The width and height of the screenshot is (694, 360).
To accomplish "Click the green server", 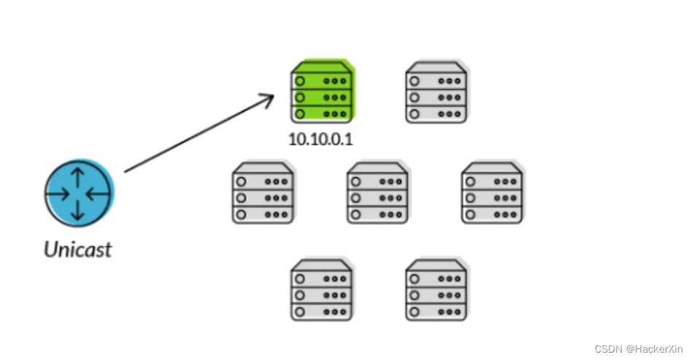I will click(x=321, y=93).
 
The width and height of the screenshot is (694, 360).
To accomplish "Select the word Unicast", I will click(x=77, y=250).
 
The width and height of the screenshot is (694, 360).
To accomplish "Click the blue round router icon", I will click(x=77, y=193).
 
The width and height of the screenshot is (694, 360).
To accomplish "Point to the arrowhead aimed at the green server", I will click(x=269, y=98).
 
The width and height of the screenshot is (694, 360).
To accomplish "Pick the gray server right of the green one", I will click(x=436, y=93).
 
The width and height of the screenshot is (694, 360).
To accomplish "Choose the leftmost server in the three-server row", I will click(x=263, y=194).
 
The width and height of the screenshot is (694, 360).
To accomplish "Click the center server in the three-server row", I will click(x=377, y=194).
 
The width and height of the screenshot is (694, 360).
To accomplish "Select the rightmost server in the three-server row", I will click(x=492, y=194).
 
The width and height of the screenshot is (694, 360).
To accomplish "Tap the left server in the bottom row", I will click(x=321, y=290).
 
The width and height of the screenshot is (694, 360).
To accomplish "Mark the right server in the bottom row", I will click(x=436, y=290).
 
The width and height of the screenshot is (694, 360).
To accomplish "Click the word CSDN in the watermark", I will click(x=607, y=349).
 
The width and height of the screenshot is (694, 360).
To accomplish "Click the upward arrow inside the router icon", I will click(x=77, y=178).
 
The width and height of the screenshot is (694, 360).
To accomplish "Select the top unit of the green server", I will click(x=321, y=80).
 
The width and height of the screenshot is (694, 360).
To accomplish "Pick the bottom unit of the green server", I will click(x=321, y=114).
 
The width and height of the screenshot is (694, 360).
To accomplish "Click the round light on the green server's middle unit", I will click(x=300, y=97).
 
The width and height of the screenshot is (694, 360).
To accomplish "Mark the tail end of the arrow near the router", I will click(x=126, y=172).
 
